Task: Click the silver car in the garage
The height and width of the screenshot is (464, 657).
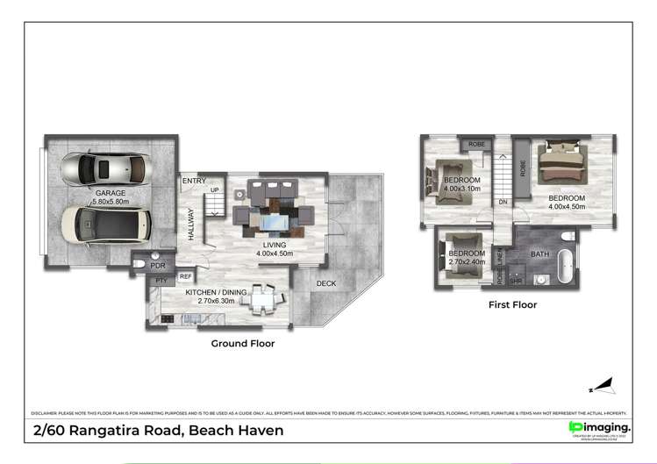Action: coord(106,168)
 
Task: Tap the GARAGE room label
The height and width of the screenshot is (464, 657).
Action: coord(111,193)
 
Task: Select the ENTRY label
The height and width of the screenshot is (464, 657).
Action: coord(194,182)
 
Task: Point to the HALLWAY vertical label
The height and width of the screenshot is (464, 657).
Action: coord(189,224)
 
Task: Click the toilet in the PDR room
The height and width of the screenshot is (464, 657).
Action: coord(139,263)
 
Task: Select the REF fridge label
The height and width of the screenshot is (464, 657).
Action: coord(186,276)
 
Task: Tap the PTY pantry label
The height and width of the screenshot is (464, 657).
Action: coord(161,280)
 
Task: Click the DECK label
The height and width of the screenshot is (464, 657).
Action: coord(326,283)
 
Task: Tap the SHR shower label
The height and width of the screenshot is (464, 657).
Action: coord(516,281)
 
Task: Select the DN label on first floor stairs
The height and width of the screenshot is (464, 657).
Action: coord(503,202)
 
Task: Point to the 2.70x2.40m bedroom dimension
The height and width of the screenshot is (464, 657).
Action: coord(466,261)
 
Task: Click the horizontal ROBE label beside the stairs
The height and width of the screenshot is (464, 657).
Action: coord(476,144)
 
